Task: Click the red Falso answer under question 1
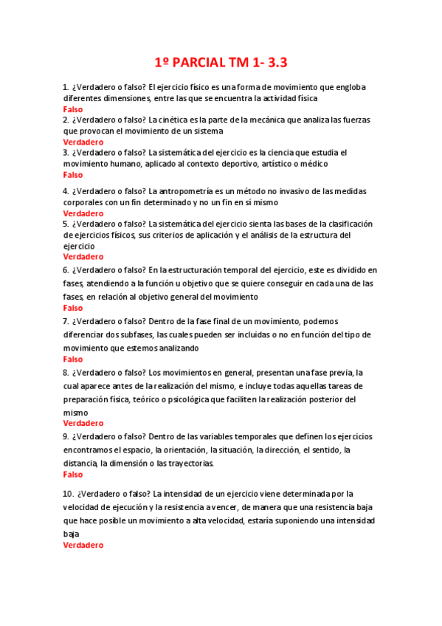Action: pyautogui.click(x=73, y=109)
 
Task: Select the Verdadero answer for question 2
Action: pyautogui.click(x=83, y=142)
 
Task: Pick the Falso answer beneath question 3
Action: pyautogui.click(x=73, y=175)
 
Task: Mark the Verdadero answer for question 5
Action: pyautogui.click(x=83, y=257)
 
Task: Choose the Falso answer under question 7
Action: pyautogui.click(x=73, y=359)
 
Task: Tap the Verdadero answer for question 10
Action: pyautogui.click(x=83, y=545)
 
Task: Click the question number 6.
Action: pyautogui.click(x=66, y=270)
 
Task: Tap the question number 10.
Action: pyautogui.click(x=68, y=494)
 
